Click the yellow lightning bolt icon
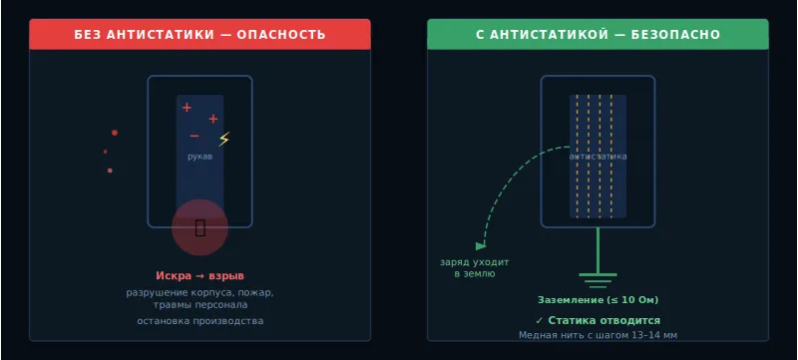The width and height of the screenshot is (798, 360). tap(223, 140)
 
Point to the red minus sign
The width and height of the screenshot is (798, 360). tap(195, 136)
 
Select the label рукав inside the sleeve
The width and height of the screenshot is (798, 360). tap(199, 157)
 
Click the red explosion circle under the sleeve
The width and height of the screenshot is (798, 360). tap(199, 227)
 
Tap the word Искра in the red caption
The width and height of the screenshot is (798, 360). tap(173, 276)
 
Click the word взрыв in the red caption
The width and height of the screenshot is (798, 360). tap(226, 276)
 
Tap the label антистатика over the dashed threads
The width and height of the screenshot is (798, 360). tap(598, 157)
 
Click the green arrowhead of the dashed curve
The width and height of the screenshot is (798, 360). tap(481, 245)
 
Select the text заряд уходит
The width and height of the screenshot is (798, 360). tap(474, 262)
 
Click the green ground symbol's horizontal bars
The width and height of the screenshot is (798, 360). tap(598, 277)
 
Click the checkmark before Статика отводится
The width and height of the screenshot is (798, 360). tap(539, 321)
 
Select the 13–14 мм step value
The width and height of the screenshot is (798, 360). tap(654, 336)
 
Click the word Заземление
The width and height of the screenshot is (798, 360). tap(571, 300)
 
